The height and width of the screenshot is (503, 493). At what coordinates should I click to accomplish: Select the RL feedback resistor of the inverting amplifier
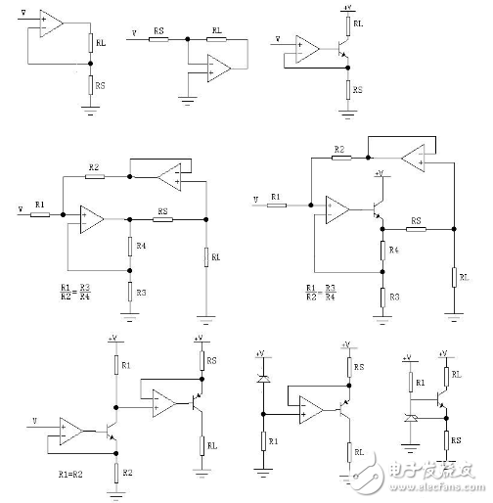tap(216, 40)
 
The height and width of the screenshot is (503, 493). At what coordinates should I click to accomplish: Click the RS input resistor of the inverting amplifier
tap(157, 40)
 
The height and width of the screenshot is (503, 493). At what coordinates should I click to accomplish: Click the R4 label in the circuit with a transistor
tap(394, 251)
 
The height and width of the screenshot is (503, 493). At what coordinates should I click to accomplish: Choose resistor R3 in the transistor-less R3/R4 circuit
tap(129, 292)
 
